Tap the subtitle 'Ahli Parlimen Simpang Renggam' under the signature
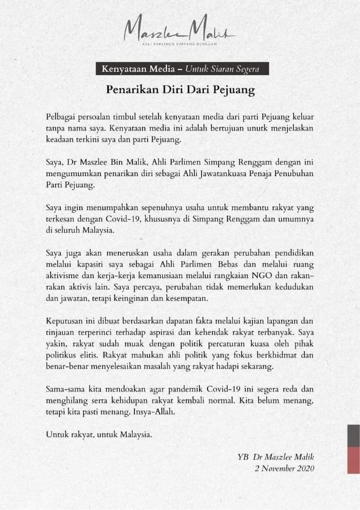pos(180,45)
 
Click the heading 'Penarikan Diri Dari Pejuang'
pos(180,90)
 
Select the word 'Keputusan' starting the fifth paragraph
pos(64,320)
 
